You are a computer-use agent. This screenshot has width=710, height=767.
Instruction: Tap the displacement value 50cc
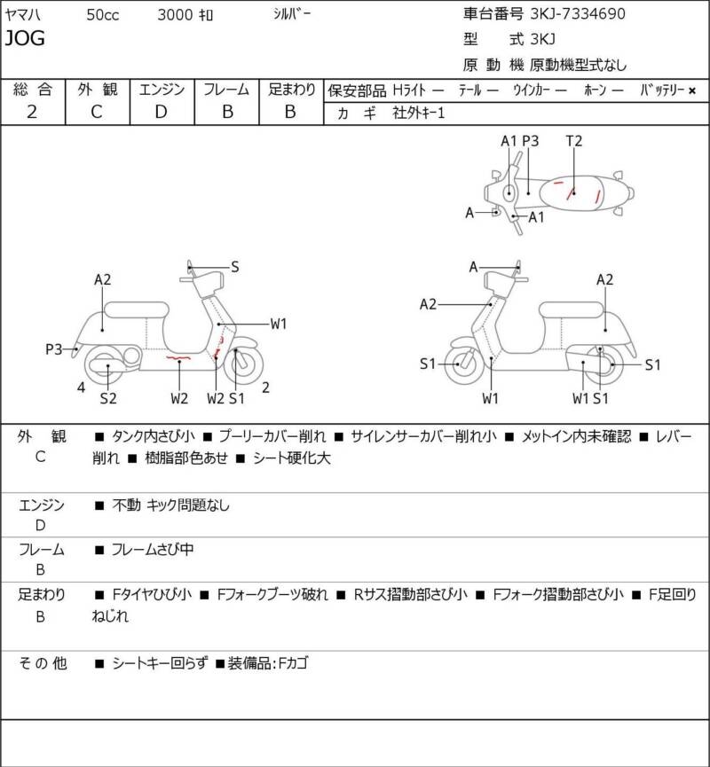tap(104, 15)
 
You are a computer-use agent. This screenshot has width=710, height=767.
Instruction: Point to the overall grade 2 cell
tap(32, 112)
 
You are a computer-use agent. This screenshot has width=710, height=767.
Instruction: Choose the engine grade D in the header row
tap(161, 112)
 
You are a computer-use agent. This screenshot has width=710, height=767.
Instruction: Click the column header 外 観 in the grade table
tap(97, 89)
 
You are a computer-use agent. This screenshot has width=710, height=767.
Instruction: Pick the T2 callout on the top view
tap(574, 141)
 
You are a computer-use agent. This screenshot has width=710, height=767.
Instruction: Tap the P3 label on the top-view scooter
tap(531, 141)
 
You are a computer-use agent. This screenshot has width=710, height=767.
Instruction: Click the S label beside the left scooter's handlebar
tap(235, 266)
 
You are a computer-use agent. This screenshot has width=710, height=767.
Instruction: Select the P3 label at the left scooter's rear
tap(54, 349)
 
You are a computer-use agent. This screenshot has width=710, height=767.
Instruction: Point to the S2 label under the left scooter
tap(108, 398)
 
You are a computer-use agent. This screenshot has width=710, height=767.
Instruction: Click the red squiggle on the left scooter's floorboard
tap(178, 358)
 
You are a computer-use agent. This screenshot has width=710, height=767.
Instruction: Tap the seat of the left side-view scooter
tap(137, 309)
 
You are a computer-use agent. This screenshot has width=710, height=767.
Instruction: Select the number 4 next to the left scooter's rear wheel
tap(81, 387)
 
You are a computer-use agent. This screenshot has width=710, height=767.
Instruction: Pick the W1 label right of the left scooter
tap(279, 324)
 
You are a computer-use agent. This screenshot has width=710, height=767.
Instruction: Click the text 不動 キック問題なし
tap(171, 505)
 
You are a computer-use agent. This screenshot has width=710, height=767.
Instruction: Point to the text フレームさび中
tap(153, 550)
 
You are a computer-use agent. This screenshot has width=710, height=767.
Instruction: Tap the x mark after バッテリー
tap(692, 90)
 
